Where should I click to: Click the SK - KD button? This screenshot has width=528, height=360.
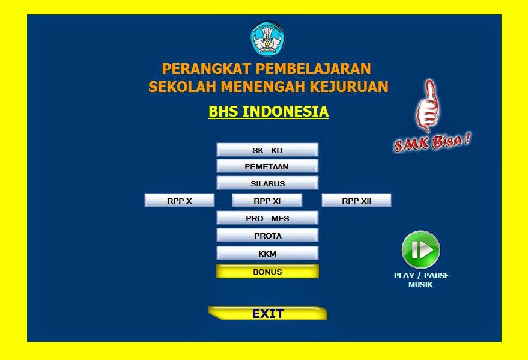pos(267,150)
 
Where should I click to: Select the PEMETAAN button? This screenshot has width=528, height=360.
pos(267,166)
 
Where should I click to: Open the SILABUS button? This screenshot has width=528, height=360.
pos(267,183)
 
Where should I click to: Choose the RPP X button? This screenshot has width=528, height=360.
pos(180,201)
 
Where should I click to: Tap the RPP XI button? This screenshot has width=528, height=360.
pos(267,201)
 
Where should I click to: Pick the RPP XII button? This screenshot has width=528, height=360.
pos(357,201)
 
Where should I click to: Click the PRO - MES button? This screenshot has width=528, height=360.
pos(267,218)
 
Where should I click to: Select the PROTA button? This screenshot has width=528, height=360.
pos(267,236)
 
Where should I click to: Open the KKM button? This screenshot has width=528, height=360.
pos(267,254)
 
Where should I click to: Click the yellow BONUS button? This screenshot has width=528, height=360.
pos(267,272)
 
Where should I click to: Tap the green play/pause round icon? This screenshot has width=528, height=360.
pos(421,249)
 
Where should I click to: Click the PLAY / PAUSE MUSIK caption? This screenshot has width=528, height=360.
pos(421,280)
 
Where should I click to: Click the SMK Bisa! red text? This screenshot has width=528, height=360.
pos(432,142)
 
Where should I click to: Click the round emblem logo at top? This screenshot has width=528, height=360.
pos(267,38)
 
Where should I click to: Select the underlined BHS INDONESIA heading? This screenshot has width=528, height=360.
pos(269,112)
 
